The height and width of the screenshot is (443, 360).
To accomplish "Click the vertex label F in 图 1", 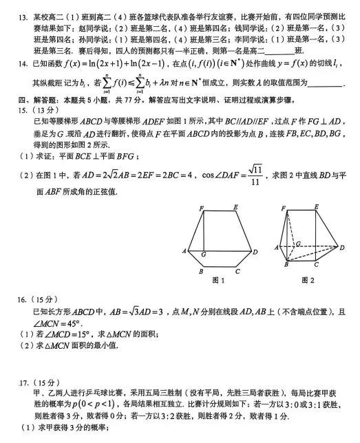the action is point(201,208).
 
